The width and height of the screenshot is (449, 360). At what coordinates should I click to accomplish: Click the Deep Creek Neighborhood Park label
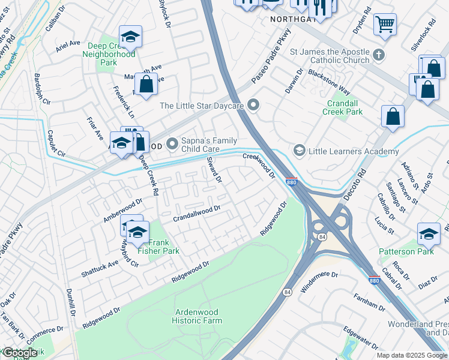(109, 53)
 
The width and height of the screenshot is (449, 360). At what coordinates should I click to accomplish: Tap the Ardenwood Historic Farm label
(199, 316)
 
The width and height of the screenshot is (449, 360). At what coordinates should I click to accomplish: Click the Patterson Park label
(406, 251)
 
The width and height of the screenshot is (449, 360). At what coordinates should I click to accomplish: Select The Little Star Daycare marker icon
(253, 106)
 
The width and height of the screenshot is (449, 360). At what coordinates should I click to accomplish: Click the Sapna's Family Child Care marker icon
(173, 143)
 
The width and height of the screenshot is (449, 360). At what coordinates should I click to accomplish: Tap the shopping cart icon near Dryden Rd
(385, 24)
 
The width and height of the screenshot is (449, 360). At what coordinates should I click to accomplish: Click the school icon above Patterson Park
(429, 234)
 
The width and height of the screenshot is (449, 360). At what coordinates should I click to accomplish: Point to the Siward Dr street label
(214, 170)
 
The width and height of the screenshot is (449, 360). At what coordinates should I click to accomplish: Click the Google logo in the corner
(20, 353)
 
